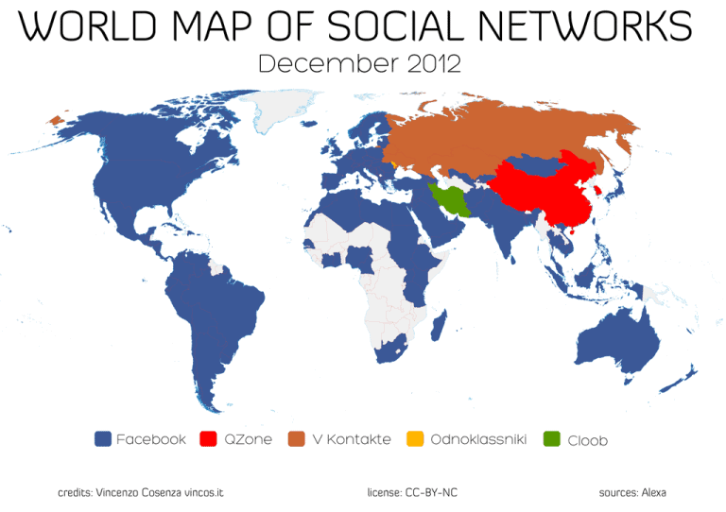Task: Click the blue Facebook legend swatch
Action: (104, 439)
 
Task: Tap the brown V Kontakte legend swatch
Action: (297, 439)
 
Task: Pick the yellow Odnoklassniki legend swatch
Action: (414, 439)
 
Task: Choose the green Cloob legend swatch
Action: (552, 439)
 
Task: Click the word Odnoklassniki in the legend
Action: (478, 439)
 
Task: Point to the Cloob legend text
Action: (587, 440)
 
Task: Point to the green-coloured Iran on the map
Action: (446, 199)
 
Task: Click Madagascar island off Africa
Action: (439, 327)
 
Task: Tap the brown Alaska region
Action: (56, 120)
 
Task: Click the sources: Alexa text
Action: (632, 492)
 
